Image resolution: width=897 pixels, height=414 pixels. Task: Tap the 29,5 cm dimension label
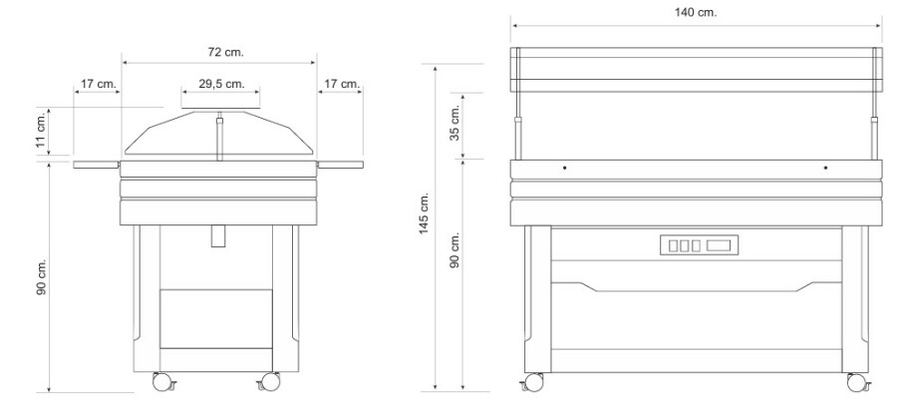[x=221, y=84]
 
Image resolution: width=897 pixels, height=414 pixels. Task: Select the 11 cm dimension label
[x=41, y=134]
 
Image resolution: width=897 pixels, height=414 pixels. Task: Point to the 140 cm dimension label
[x=695, y=12]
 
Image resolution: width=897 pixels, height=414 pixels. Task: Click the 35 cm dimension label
[x=455, y=124]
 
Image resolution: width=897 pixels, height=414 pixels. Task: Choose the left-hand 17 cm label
[x=99, y=84]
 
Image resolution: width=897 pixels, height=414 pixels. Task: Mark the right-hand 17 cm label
[x=342, y=84]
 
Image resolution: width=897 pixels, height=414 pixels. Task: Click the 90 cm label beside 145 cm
[x=455, y=250]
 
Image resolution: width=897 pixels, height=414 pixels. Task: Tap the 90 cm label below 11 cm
[x=41, y=278]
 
